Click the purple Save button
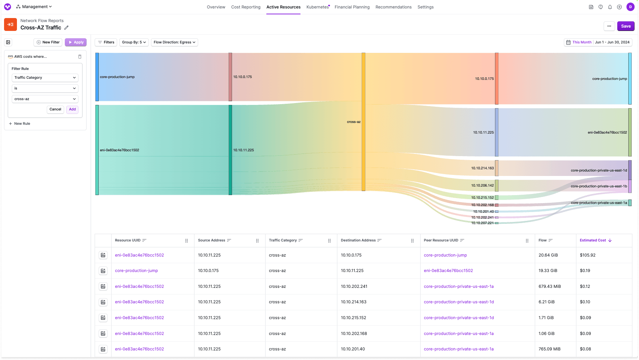[x=625, y=26]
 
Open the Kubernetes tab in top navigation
[x=317, y=7]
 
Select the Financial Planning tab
[x=352, y=7]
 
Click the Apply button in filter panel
[x=76, y=42]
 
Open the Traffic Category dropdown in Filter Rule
[x=45, y=78]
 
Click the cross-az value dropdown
[x=45, y=99]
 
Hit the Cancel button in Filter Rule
[x=55, y=109]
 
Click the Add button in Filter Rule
[x=72, y=109]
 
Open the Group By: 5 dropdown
[x=134, y=42]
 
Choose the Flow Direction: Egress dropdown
[x=174, y=42]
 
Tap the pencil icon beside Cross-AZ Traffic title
[x=66, y=28]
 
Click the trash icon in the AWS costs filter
[x=80, y=57]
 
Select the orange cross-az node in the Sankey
[x=364, y=121]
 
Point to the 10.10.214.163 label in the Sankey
[x=482, y=168]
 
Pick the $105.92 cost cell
[x=587, y=255]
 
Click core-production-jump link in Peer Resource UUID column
[x=445, y=255]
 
